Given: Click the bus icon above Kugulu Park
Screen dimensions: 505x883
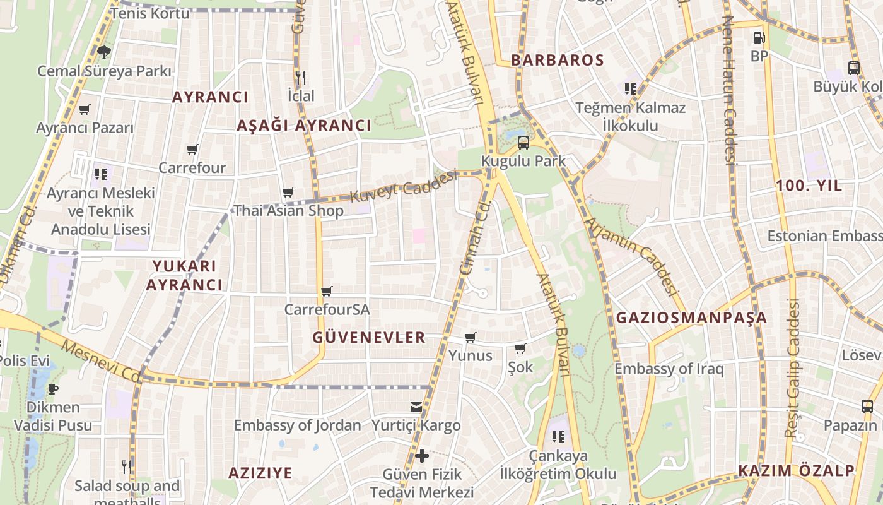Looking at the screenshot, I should (523, 142).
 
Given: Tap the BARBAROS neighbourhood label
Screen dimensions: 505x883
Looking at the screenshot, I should (558, 61).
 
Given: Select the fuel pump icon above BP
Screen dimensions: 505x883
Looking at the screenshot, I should (759, 38).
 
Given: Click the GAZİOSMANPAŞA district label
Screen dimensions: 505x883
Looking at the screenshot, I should (691, 318).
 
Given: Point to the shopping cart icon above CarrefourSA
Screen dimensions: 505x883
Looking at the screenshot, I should (326, 291).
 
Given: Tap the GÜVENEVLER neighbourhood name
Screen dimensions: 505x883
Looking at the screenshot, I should (369, 338).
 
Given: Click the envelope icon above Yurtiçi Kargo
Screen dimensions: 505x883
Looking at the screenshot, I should (416, 407).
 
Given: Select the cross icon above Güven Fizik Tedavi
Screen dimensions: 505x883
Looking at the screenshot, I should (422, 455).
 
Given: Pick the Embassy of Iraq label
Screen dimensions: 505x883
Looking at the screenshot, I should (669, 369).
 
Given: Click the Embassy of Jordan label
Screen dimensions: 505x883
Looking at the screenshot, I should (298, 425).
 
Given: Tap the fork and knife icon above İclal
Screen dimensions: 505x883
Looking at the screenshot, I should (301, 78).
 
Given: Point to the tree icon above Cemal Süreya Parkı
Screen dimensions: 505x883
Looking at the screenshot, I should (104, 52).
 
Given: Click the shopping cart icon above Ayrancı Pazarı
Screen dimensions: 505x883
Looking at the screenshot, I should (85, 109).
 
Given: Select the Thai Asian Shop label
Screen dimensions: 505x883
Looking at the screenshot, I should (289, 211).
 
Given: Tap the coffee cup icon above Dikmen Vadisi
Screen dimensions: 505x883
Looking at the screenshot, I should (53, 388).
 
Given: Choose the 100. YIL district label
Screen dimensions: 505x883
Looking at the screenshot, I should (809, 186).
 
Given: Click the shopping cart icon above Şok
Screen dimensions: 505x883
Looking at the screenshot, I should (520, 348).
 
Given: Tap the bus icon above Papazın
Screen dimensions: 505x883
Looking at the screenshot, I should (867, 407).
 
